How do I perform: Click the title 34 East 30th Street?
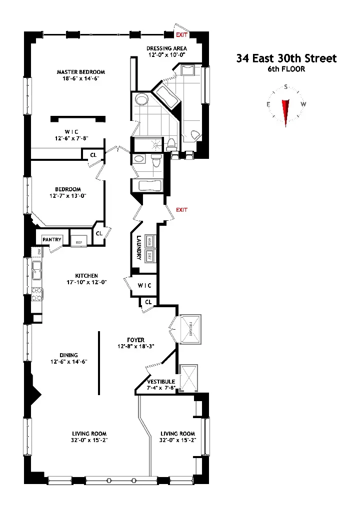pyautogui.click(x=286, y=58)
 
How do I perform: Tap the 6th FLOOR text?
pyautogui.click(x=286, y=69)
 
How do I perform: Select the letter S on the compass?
pyautogui.click(x=286, y=86)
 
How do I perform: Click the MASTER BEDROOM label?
pyautogui.click(x=80, y=72)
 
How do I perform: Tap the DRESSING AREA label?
pyautogui.click(x=166, y=48)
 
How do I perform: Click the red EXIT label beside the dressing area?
pyautogui.click(x=181, y=35)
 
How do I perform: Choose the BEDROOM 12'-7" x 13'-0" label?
pyautogui.click(x=67, y=189)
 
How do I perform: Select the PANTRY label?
pyautogui.click(x=51, y=240)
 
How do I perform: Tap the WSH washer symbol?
pyautogui.click(x=149, y=241)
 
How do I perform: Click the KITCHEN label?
pyautogui.click(x=86, y=276)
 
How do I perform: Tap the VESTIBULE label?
pyautogui.click(x=160, y=382)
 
